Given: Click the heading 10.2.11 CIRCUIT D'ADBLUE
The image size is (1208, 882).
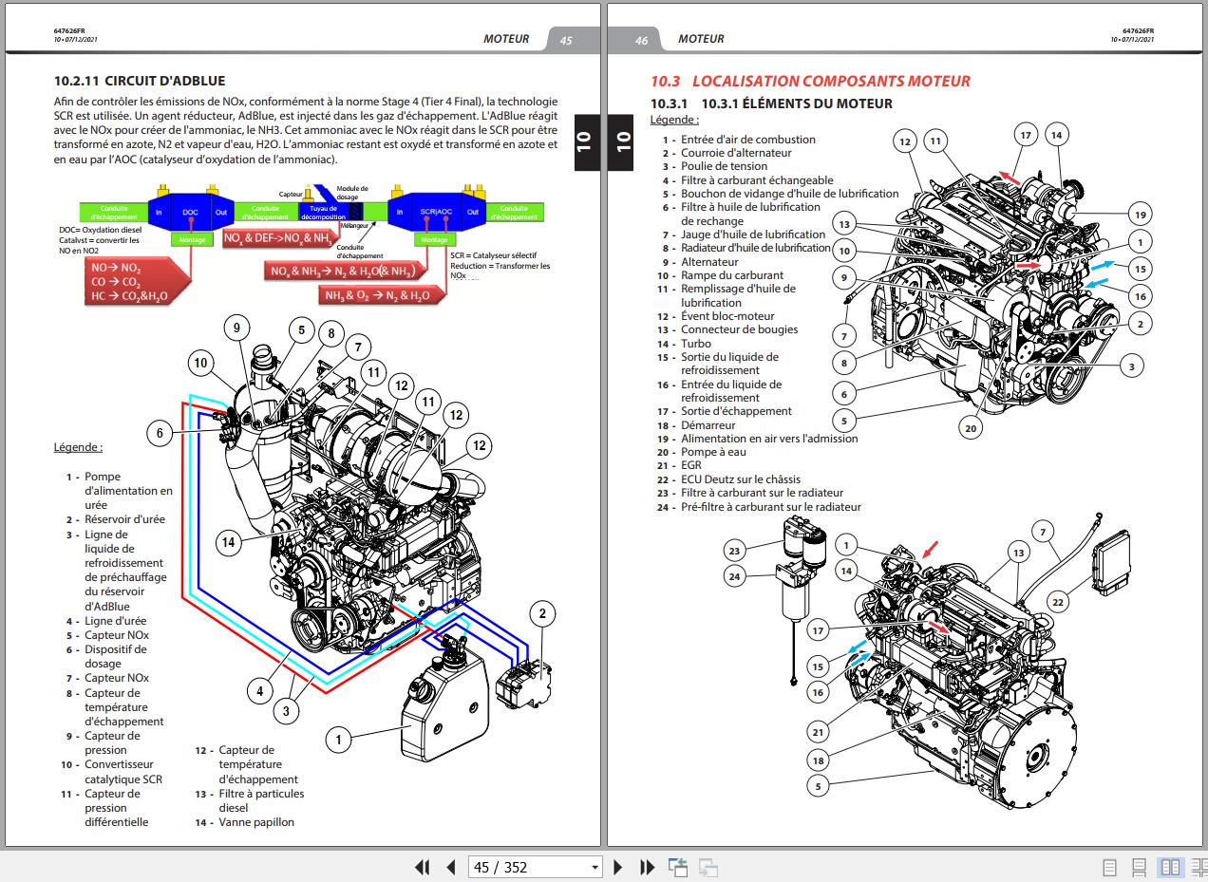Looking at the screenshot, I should coord(140,82).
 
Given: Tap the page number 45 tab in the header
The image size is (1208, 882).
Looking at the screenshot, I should coord(566,40).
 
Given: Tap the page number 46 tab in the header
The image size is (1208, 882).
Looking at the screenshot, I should coord(641,40).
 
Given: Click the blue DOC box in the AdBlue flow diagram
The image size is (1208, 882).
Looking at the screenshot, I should coord(191,212).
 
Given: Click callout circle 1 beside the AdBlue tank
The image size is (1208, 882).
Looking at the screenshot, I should coord(339,738).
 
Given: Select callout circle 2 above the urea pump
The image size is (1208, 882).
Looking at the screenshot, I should coord(541,614).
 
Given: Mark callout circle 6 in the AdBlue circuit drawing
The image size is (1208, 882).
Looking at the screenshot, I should coord(160,433).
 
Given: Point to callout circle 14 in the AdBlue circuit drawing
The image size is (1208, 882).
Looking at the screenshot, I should coord(228,542).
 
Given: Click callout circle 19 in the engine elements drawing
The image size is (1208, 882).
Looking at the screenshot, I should coord(1140,214).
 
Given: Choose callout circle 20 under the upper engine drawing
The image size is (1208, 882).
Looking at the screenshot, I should coord(970,428).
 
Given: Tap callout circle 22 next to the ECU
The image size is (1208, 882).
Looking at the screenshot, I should coord(1058,601).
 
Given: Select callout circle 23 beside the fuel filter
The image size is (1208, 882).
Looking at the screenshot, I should coord(734,550).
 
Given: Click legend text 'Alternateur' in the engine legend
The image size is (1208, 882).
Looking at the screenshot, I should coord(708,261).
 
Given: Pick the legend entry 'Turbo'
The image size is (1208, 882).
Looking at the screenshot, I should coord(695,344).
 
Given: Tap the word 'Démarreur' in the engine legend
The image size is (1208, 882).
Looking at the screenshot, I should coord(708,425).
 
